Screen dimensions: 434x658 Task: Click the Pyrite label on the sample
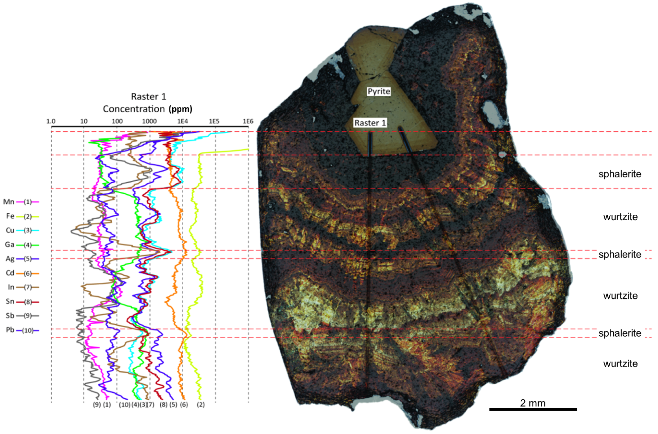click(379, 91)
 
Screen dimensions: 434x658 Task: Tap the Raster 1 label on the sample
click(370, 123)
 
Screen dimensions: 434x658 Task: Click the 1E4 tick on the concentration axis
click(182, 121)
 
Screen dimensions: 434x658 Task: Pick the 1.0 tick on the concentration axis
click(51, 121)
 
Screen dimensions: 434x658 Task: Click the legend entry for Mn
click(21, 202)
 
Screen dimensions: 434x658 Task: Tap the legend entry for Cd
click(21, 273)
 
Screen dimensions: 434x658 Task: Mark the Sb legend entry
click(21, 316)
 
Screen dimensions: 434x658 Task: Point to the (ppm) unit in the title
click(180, 109)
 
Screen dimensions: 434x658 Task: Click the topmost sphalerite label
click(620, 174)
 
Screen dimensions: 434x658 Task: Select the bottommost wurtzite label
click(620, 363)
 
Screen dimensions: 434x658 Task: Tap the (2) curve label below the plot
click(200, 405)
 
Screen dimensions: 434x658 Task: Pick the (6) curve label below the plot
click(184, 405)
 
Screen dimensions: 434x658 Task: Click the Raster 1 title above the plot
click(148, 97)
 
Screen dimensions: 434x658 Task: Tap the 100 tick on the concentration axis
click(117, 121)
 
